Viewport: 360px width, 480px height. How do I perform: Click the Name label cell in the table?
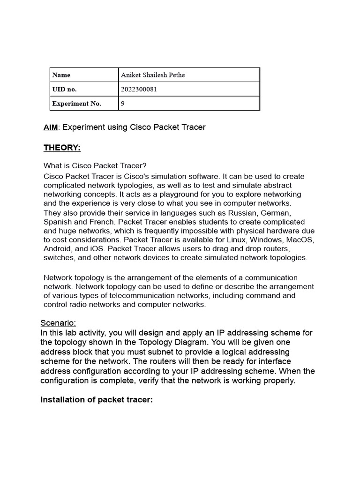[61, 75]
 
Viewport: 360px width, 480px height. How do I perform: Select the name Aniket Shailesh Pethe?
[153, 75]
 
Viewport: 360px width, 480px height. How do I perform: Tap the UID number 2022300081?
[139, 89]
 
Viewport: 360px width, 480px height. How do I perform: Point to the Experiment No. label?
[76, 104]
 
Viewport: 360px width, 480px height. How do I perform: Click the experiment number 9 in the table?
[123, 104]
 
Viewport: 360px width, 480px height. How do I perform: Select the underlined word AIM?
[51, 127]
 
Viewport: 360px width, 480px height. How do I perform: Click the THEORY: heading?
[62, 148]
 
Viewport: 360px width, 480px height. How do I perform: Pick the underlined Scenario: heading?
[58, 323]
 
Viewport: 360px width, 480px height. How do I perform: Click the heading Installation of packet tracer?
[97, 400]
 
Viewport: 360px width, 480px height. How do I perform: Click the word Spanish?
[57, 222]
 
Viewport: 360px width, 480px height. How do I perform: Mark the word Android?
[58, 249]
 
